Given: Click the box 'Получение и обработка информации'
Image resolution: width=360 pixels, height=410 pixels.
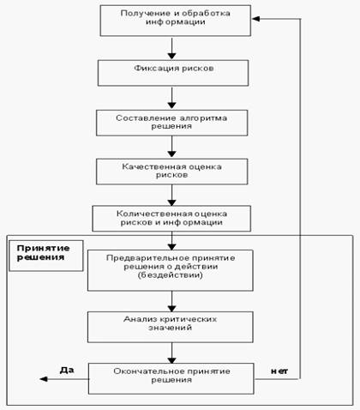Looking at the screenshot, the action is click(x=176, y=21).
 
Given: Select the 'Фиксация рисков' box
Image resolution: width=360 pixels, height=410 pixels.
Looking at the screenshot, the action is click(x=173, y=73).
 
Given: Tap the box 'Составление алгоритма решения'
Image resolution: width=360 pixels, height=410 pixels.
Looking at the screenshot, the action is click(x=172, y=123).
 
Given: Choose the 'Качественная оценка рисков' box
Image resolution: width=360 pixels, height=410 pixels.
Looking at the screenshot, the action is click(x=172, y=172).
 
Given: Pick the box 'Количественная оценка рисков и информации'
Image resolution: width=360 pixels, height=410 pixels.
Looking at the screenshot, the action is click(x=171, y=219).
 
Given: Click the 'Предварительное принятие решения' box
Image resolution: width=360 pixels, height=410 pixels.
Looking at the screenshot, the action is click(x=171, y=270).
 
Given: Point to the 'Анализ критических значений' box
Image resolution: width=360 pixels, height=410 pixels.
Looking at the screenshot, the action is click(x=171, y=327).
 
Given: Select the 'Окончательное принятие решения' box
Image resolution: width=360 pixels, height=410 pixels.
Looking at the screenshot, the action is click(x=171, y=378).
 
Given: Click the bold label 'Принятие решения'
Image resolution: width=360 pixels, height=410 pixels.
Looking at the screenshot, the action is click(x=43, y=253).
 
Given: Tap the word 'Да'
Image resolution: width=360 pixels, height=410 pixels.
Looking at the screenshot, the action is click(x=67, y=371).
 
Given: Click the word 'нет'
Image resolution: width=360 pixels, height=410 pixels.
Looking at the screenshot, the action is click(x=279, y=371).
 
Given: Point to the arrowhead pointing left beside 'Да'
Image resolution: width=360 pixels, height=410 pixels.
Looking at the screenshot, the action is click(x=44, y=379).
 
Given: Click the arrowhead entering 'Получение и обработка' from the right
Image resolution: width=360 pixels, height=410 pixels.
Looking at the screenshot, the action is click(x=256, y=19).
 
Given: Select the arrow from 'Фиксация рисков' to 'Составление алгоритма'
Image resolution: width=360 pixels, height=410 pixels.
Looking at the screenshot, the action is click(x=171, y=98).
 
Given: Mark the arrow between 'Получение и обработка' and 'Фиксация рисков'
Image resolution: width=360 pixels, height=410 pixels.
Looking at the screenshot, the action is click(x=171, y=48).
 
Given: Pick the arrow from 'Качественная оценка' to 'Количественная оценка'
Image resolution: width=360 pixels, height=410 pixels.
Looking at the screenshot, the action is click(x=171, y=196).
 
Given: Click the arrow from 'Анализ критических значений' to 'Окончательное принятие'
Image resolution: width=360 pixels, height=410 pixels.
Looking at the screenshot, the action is click(x=171, y=353).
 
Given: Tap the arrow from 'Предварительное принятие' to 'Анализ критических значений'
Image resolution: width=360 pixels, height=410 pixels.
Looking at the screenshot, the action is click(x=171, y=302).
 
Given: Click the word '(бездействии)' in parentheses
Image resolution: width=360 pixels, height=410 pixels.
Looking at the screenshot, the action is click(x=171, y=275).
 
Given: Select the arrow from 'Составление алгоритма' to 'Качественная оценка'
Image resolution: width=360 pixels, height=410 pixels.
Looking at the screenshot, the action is click(x=171, y=147).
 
